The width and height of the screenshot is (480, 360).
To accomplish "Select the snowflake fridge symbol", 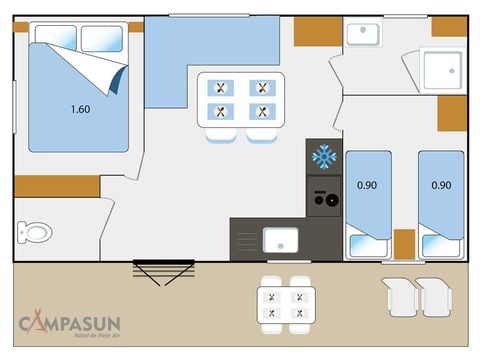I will tap(323, 156).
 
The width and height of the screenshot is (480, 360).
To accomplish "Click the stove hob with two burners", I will tap(323, 197).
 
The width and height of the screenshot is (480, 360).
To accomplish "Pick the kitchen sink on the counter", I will tap(279, 239).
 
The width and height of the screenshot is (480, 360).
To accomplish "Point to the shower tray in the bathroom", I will tap(441, 69).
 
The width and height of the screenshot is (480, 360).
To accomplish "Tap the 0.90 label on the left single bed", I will tap(367, 184).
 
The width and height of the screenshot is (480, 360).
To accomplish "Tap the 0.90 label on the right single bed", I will tap(440, 184).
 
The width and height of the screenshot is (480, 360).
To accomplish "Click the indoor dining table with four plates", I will tap(240, 99).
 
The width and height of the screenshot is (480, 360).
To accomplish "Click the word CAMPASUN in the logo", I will tap(73, 322).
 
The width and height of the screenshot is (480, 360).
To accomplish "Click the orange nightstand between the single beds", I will tap(404, 243).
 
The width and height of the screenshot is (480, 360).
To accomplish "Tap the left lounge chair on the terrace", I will tap(400, 296).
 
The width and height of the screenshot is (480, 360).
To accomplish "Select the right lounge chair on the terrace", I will tap(434, 296).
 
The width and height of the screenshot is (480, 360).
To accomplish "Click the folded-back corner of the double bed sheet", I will tap(108, 74).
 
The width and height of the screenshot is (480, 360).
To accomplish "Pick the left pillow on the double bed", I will tap(56, 38).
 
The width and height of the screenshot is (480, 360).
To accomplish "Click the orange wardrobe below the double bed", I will tap(57, 186).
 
